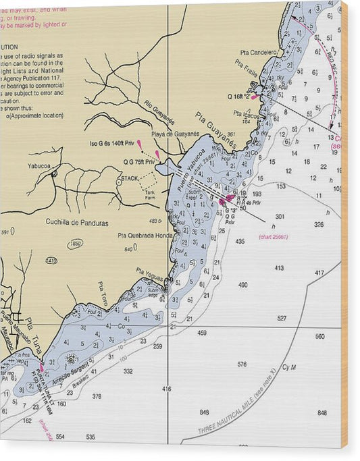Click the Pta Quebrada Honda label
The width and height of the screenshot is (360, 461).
[145, 236]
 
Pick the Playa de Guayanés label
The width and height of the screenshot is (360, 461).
[175, 134]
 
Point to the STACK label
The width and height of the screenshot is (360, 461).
[129, 178]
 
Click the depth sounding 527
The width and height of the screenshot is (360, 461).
[282, 318]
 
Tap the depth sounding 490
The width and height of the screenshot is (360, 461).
[243, 285]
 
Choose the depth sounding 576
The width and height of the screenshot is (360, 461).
[242, 364]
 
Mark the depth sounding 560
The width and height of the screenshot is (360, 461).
[319, 335]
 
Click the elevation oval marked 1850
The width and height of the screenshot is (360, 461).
[76, 244]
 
